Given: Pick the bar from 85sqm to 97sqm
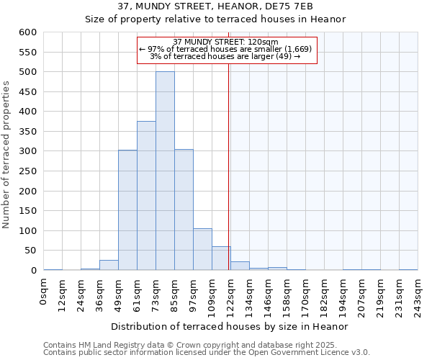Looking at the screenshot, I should pyautogui.click(x=184, y=210).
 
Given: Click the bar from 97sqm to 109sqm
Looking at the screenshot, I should pyautogui.click(x=202, y=249).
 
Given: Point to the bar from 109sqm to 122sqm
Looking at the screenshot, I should pyautogui.click(x=221, y=258).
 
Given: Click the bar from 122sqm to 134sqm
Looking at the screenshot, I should pyautogui.click(x=240, y=266).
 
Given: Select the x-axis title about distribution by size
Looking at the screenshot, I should pyautogui.click(x=230, y=326).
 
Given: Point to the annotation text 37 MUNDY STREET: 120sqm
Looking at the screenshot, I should pyautogui.click(x=225, y=42).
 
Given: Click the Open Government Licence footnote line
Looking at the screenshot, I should pyautogui.click(x=207, y=353).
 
